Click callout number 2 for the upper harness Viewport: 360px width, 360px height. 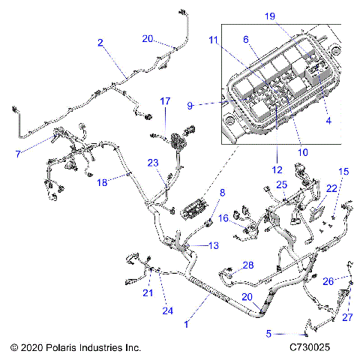100,43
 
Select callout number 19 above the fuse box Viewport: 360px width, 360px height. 290,15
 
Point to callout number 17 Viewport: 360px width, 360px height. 165,100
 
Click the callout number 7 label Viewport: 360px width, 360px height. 18,154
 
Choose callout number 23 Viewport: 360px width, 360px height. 152,162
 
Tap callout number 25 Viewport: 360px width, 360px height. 281,184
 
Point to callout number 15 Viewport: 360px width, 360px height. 344,172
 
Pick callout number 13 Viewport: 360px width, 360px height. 214,245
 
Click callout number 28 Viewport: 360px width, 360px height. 247,265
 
